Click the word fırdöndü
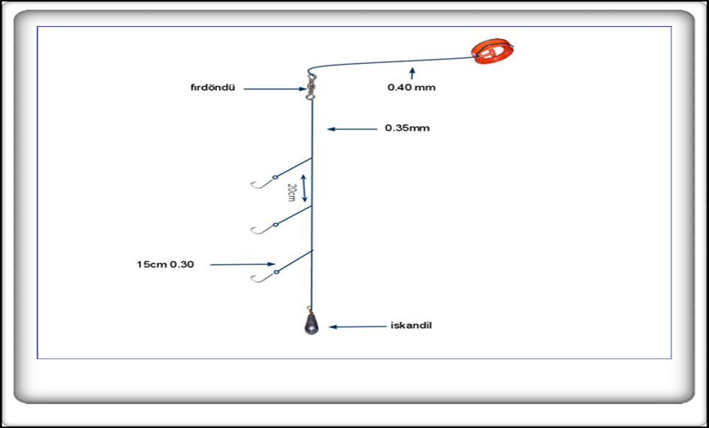tap(213, 87)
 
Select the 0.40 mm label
tap(411, 87)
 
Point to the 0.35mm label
tap(407, 128)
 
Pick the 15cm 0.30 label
tap(164, 264)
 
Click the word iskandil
tap(411, 325)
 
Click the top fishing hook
tap(260, 182)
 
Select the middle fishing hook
tap(260, 228)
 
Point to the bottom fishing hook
tap(260, 277)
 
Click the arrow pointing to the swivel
tap(274, 89)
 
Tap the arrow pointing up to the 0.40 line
tap(412, 72)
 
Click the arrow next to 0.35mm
tap(351, 129)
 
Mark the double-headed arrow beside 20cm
tap(303, 188)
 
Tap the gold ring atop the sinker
tap(310, 309)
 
